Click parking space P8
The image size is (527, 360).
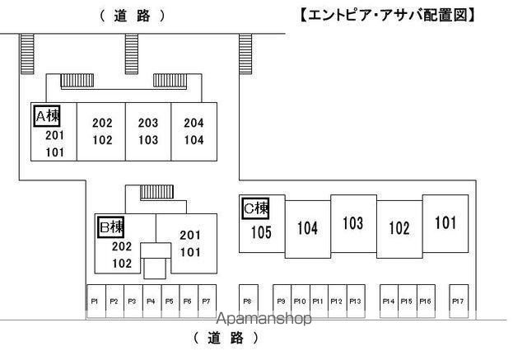pyautogui.click(x=249, y=302)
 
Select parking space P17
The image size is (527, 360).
pyautogui.click(x=459, y=302)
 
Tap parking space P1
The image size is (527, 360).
pyautogui.click(x=96, y=302)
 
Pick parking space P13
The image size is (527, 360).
pyautogui.click(x=356, y=302)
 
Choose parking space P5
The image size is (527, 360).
pyautogui.click(x=170, y=302)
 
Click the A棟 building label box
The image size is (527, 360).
pyautogui.click(x=47, y=116)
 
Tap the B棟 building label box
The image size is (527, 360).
pyautogui.click(x=111, y=227)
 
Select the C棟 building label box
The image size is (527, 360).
pyautogui.click(x=256, y=208)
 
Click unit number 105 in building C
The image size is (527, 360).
pyautogui.click(x=261, y=232)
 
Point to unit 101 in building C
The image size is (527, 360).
pyautogui.click(x=445, y=222)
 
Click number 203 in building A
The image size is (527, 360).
pyautogui.click(x=148, y=123)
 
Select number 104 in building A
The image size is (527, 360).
pyautogui.click(x=194, y=140)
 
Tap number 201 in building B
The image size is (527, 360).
pyautogui.click(x=190, y=236)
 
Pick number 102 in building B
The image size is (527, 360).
pyautogui.click(x=122, y=263)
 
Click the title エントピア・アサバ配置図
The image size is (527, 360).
pyautogui.click(x=387, y=15)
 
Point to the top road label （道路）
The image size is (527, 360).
pyautogui.click(x=133, y=16)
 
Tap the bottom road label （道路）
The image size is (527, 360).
pyautogui.click(x=226, y=338)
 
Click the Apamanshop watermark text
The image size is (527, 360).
pyautogui.click(x=263, y=319)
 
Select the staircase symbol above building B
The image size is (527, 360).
pyautogui.click(x=156, y=192)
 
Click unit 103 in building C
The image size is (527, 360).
pyautogui.click(x=353, y=223)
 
